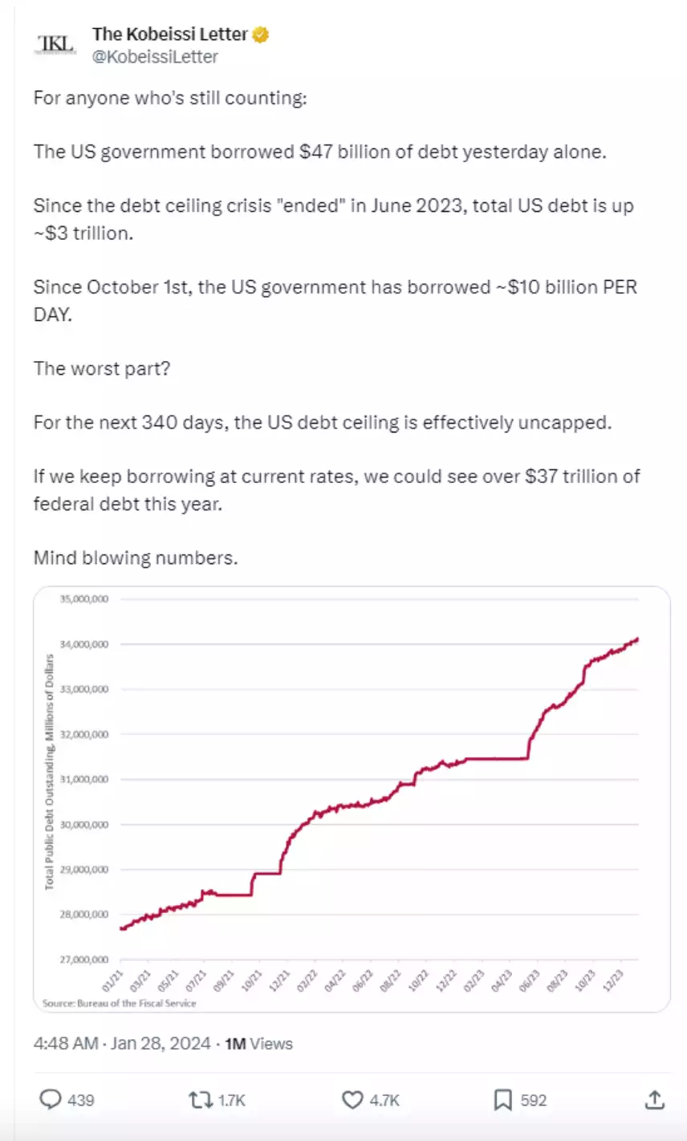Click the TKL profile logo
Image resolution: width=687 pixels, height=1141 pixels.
tap(55, 44)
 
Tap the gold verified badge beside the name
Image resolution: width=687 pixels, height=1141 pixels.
tap(262, 35)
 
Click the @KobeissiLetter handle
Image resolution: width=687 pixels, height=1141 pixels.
tap(155, 57)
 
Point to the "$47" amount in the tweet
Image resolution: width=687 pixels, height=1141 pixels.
tap(315, 152)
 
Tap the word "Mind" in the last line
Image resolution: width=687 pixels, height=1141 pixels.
tap(53, 558)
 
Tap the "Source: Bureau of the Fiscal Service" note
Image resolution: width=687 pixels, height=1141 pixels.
tap(119, 1003)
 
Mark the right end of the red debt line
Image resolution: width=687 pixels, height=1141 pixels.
tap(637, 639)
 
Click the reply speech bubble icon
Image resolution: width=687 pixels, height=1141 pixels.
tap(51, 1099)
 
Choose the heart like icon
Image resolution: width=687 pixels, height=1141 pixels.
tap(352, 1099)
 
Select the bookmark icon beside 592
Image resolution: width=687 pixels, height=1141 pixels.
tap(502, 1099)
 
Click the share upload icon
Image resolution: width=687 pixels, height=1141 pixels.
tap(654, 1099)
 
